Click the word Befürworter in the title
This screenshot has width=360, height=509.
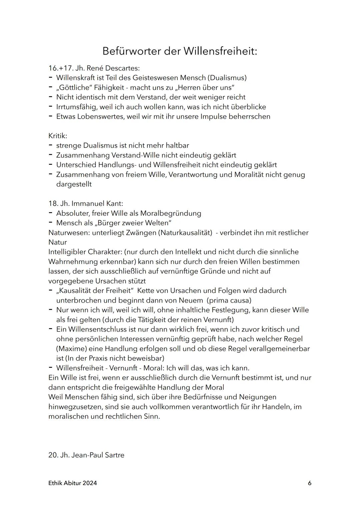point(130,51)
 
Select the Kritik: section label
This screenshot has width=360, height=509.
point(58,136)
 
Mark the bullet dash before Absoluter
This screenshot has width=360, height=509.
point(50,213)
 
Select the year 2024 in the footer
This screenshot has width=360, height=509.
point(90,483)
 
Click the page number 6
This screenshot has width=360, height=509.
point(310,483)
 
